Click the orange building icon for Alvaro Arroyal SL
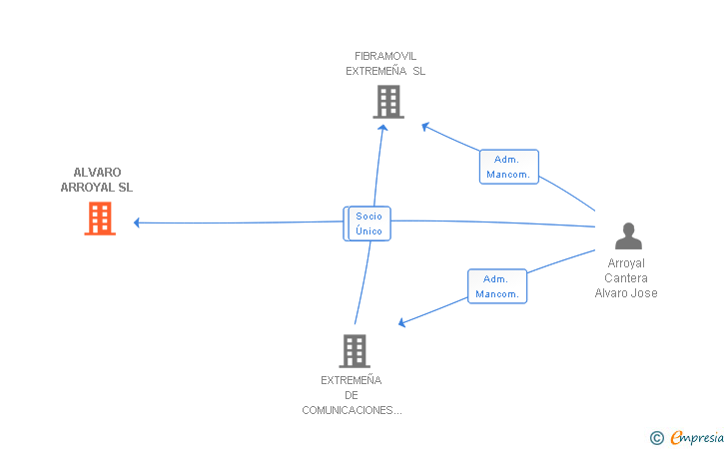tap(100, 219)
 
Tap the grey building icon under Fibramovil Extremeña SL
tap(387, 102)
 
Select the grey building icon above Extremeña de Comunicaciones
tap(355, 350)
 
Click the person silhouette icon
tap(628, 235)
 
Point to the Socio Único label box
tap(368, 224)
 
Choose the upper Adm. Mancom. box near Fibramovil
tap(508, 167)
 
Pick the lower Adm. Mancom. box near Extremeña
tap(496, 286)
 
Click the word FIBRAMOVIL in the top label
tap(385, 56)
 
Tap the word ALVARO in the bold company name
tap(97, 173)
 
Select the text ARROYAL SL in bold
tap(96, 188)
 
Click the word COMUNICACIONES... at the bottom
tap(352, 410)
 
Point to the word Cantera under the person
tap(626, 278)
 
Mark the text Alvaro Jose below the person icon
tap(626, 293)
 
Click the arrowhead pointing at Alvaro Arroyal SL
tap(138, 223)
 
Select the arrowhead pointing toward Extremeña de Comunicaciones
tap(401, 322)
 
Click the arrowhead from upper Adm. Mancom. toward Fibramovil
tap(425, 126)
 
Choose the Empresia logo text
tap(697, 437)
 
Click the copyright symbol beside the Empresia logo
tap(656, 437)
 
